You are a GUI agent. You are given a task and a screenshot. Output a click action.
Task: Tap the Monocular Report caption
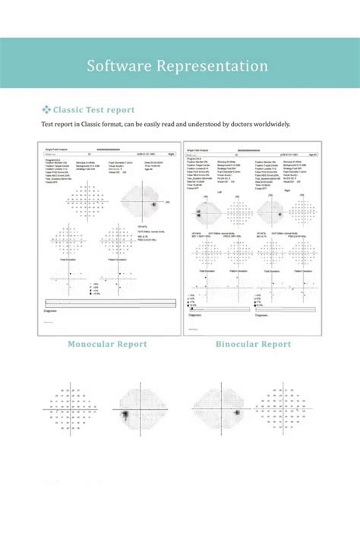click(107, 344)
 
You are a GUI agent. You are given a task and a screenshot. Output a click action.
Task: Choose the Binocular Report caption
click(253, 344)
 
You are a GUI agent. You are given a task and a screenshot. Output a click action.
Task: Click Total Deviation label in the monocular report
click(68, 260)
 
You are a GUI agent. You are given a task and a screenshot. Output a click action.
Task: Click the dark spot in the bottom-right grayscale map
click(236, 412)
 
